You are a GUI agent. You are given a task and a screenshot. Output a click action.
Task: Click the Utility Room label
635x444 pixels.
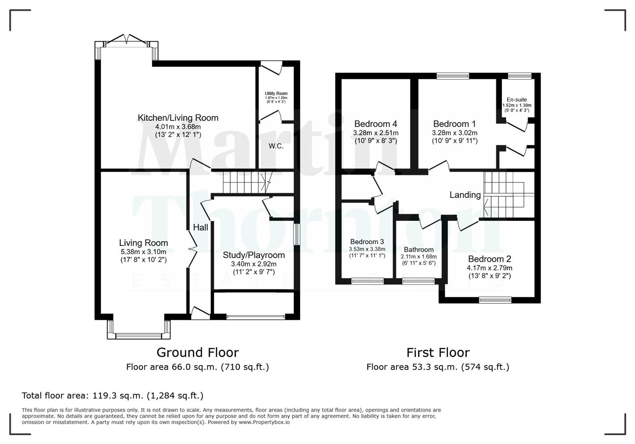[x=276, y=94]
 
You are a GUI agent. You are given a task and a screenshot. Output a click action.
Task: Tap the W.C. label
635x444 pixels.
[x=276, y=146]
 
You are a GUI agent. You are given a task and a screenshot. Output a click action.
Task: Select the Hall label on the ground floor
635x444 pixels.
[x=201, y=227]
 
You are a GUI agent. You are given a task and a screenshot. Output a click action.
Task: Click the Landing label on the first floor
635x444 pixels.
[x=465, y=195]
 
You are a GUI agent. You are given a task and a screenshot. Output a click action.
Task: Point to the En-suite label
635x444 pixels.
[x=517, y=99]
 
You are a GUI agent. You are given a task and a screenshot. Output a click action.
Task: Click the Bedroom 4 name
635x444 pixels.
[x=375, y=124]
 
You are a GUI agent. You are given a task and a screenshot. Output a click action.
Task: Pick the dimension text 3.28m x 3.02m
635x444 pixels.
[x=454, y=133]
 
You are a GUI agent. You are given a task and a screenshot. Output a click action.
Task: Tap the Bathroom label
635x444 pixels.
[x=418, y=250]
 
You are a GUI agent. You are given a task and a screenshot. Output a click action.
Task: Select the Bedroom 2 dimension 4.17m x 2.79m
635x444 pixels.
[x=489, y=268]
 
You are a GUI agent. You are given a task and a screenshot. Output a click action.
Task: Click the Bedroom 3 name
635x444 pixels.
[x=367, y=242]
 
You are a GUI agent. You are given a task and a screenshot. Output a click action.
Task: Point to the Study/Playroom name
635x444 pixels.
[x=254, y=255]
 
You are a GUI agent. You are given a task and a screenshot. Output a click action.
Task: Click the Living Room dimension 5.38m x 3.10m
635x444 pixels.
[x=143, y=252]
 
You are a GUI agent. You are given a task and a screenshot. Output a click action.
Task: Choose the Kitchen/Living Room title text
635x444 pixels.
[x=178, y=118]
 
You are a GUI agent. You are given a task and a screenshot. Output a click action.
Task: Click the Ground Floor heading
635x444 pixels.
[x=197, y=353]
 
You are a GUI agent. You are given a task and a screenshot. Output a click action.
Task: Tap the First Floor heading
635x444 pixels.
[x=438, y=353]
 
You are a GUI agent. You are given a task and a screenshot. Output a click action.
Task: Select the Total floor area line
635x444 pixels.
[x=112, y=395]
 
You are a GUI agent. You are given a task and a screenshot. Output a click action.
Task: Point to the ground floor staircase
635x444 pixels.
[x=243, y=182]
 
